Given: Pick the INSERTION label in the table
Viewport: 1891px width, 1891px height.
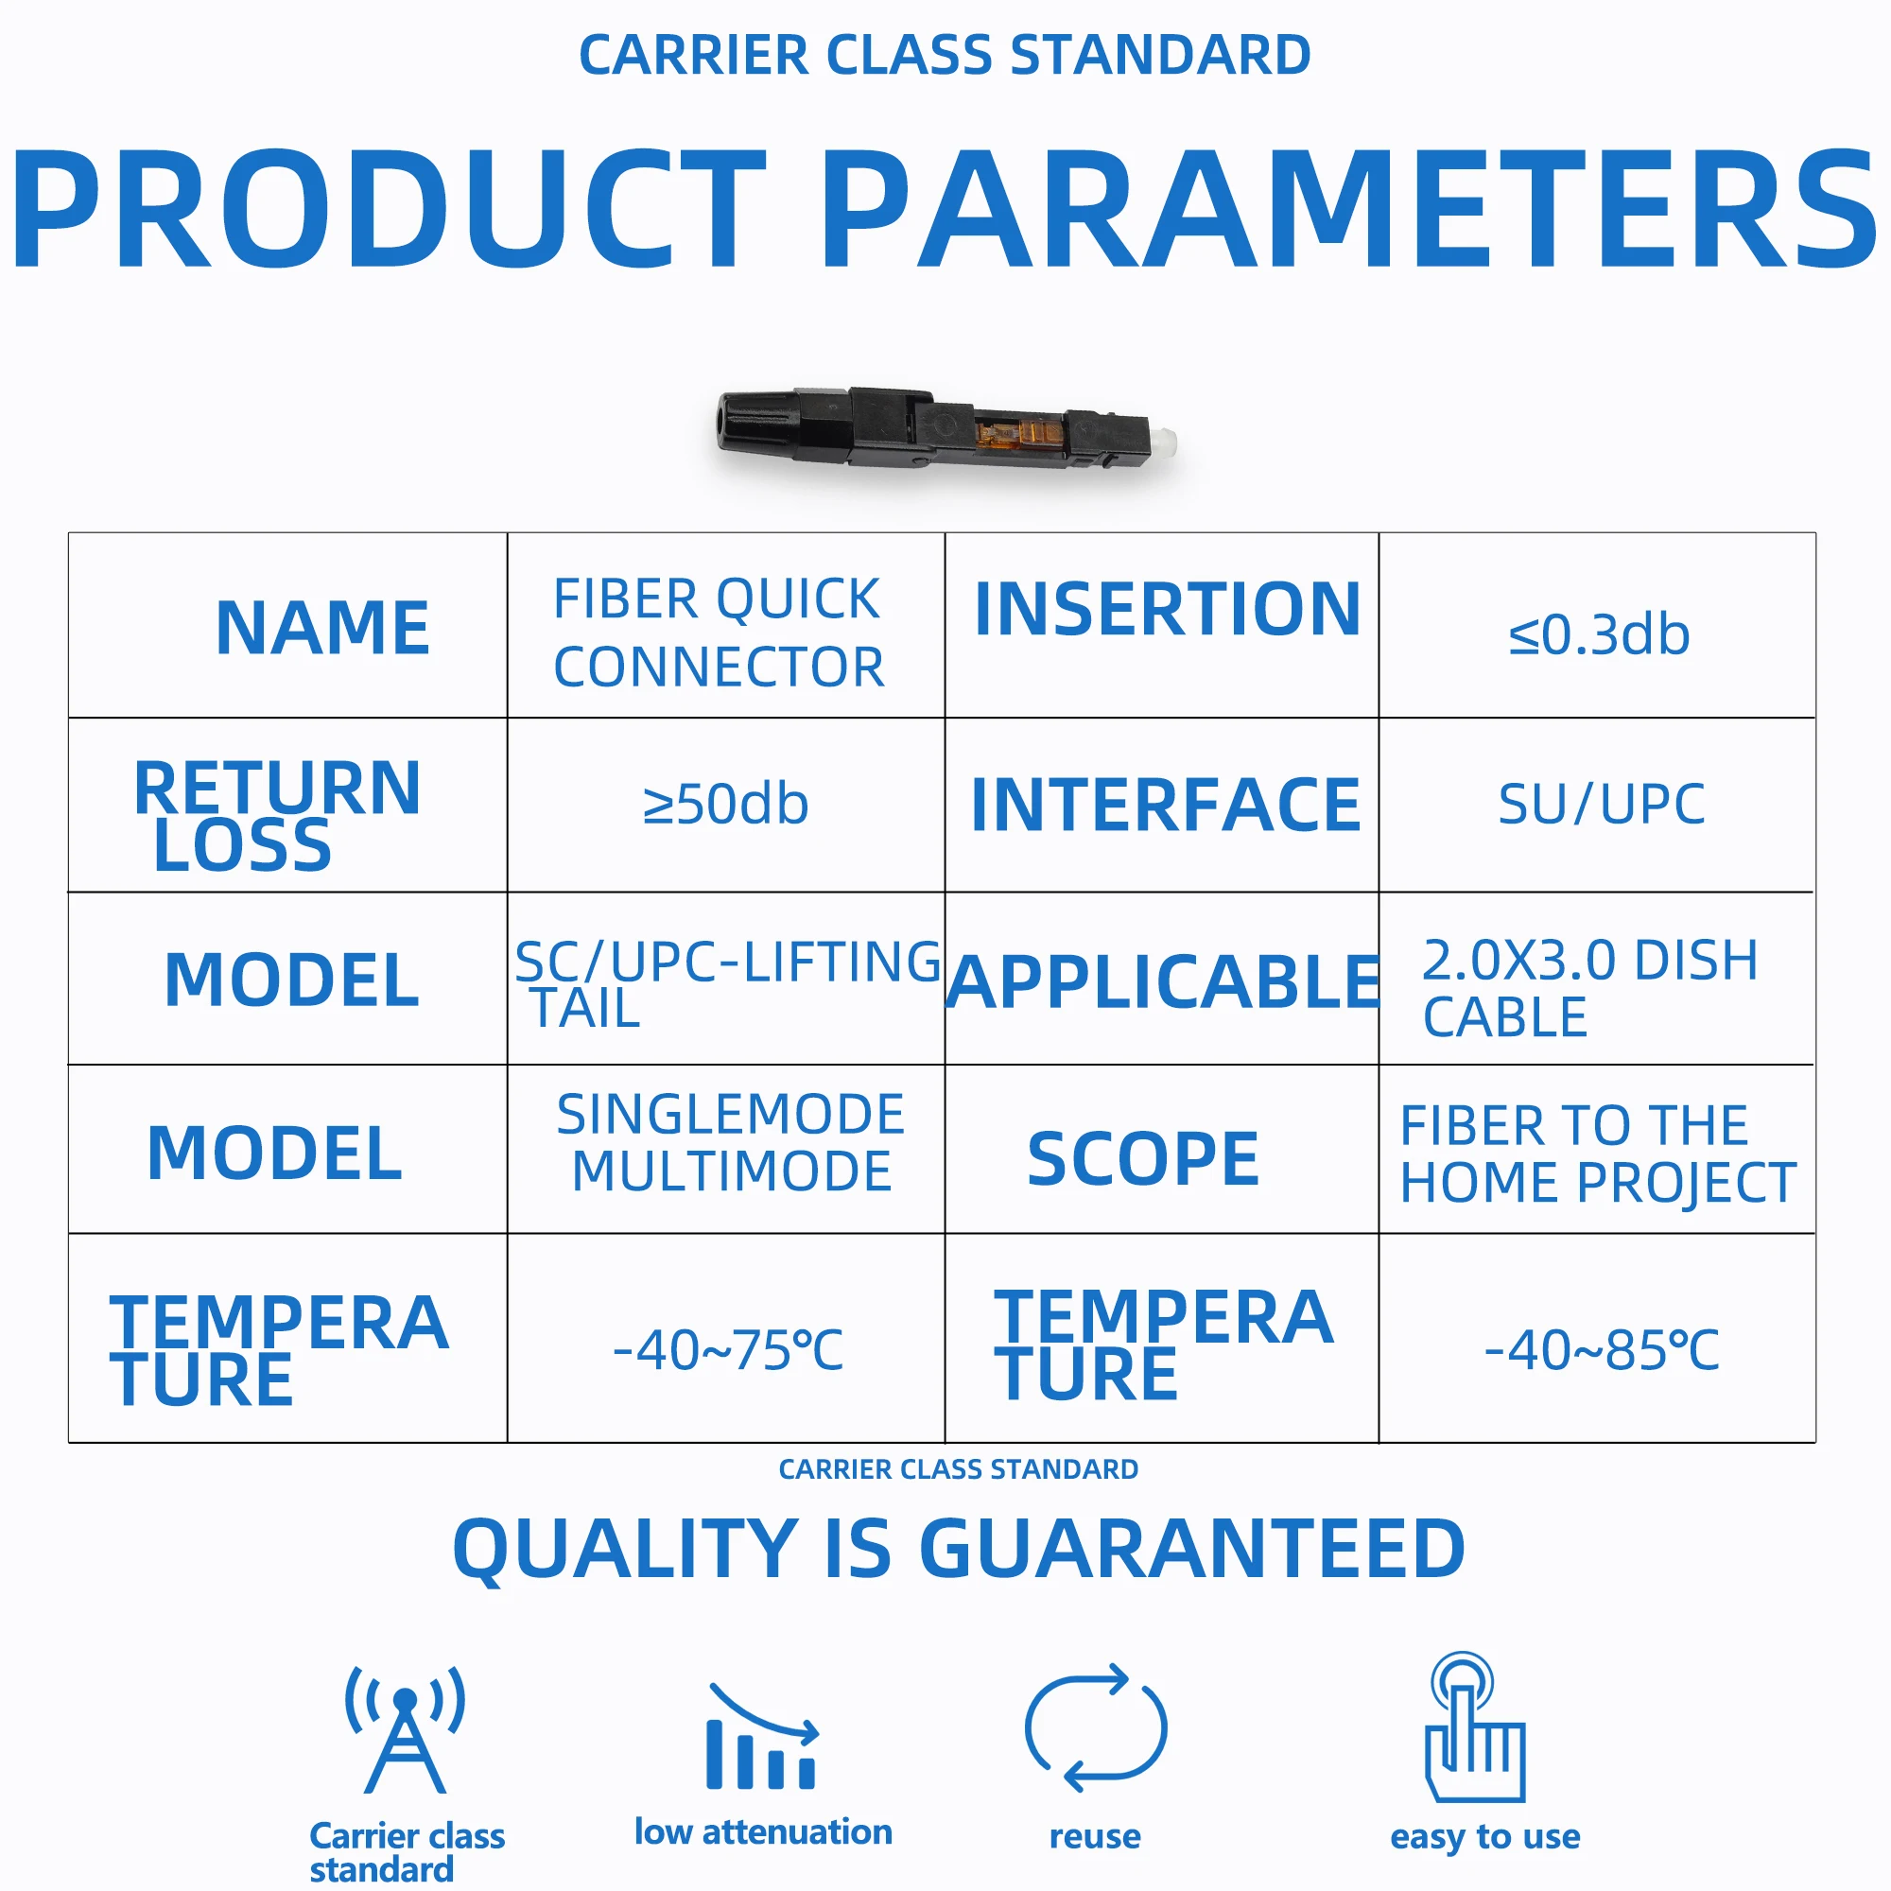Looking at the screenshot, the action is click(x=1168, y=609).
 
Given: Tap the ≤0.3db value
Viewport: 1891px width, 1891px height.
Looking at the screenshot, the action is click(x=1598, y=634).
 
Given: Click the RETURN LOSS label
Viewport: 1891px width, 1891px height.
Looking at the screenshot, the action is click(x=278, y=815).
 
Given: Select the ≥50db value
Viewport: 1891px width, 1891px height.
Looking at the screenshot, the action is click(x=725, y=804).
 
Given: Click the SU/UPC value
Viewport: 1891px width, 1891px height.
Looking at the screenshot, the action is click(x=1602, y=805).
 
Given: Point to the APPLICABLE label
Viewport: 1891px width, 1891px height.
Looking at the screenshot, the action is click(x=1164, y=981).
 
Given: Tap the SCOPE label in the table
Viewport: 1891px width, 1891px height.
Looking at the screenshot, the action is click(x=1143, y=1159).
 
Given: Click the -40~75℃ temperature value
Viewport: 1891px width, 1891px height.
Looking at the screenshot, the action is click(x=727, y=1350).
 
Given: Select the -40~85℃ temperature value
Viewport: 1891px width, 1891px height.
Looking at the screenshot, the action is click(x=1602, y=1350).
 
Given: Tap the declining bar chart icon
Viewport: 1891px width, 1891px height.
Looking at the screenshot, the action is click(x=762, y=1735).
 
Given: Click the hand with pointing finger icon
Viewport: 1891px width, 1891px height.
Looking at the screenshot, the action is click(x=1475, y=1727).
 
